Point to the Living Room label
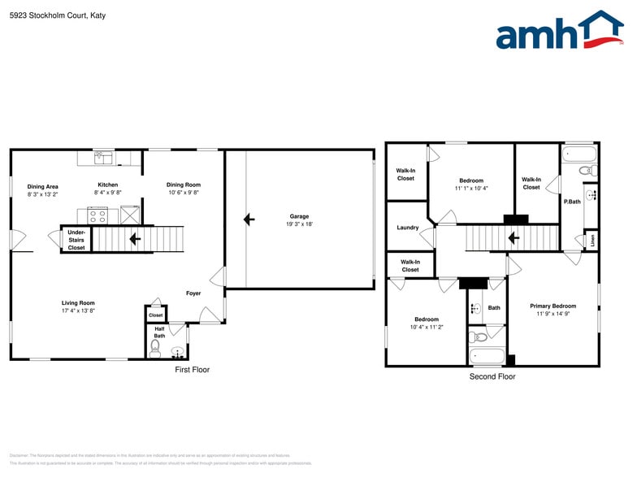pos(78,303)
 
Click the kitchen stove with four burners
pos(97,215)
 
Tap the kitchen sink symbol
pos(104,158)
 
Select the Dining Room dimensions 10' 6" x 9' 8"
pos(184,193)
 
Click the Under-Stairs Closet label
pos(76,240)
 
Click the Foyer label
pos(193,293)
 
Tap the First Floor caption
pos(193,370)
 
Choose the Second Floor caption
pos(492,376)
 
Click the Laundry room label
pos(408,228)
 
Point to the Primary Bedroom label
pos(553,306)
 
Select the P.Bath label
pos(572,202)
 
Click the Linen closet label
pos(592,240)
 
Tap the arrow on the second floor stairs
pos(513,238)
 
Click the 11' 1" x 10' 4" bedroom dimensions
pos(471,189)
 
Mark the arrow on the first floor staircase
pos(135,239)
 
